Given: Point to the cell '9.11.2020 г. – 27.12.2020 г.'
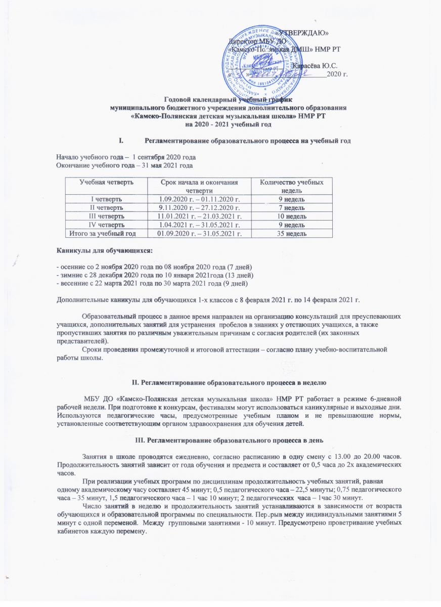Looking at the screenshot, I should pos(198,208).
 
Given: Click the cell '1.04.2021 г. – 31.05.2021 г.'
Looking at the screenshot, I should pos(198,225).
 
